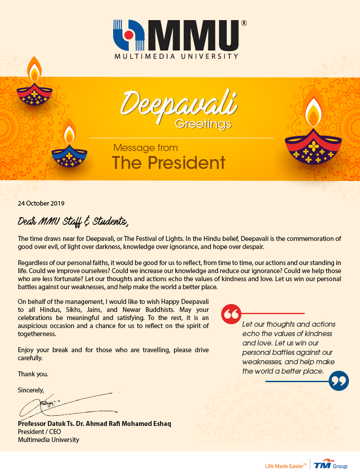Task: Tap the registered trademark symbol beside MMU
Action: [243, 23]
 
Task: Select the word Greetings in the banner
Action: [203, 123]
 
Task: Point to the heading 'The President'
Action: [169, 163]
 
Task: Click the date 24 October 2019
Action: [41, 203]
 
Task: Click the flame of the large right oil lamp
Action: [313, 107]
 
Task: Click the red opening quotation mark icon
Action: [231, 315]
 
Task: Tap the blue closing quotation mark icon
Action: [339, 381]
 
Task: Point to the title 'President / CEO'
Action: [39, 432]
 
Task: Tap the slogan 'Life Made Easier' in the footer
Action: [285, 466]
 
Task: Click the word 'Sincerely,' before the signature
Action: [31, 390]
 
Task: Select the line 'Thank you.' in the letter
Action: [33, 374]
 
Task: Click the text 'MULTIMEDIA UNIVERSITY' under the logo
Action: [176, 56]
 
